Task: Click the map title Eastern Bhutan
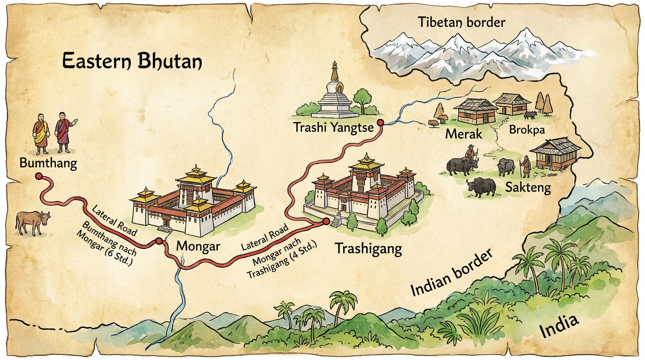pyautogui.click(x=132, y=61)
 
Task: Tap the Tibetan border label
pyautogui.click(x=462, y=22)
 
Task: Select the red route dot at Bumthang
pyautogui.click(x=38, y=176)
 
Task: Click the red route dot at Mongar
pyautogui.click(x=159, y=241)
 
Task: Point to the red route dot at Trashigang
pyautogui.click(x=326, y=221)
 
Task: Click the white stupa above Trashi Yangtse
pyautogui.click(x=334, y=94)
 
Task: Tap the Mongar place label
pyautogui.click(x=198, y=246)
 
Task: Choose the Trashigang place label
pyautogui.click(x=368, y=248)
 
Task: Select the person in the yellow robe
pyautogui.click(x=41, y=133)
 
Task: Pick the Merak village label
pyautogui.click(x=464, y=134)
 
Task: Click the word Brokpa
pyautogui.click(x=526, y=130)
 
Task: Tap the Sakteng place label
pyautogui.click(x=527, y=188)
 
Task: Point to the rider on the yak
pyautogui.click(x=470, y=154)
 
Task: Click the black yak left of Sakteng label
pyautogui.click(x=481, y=187)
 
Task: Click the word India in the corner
pyautogui.click(x=559, y=326)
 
